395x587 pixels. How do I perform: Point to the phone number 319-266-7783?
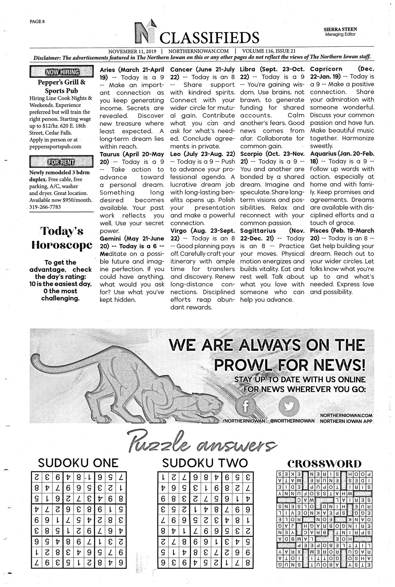[45, 207]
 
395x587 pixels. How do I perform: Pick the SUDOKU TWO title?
[205, 463]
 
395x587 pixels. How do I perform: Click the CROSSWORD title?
[324, 463]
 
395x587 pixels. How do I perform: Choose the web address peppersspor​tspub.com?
[55, 146]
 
